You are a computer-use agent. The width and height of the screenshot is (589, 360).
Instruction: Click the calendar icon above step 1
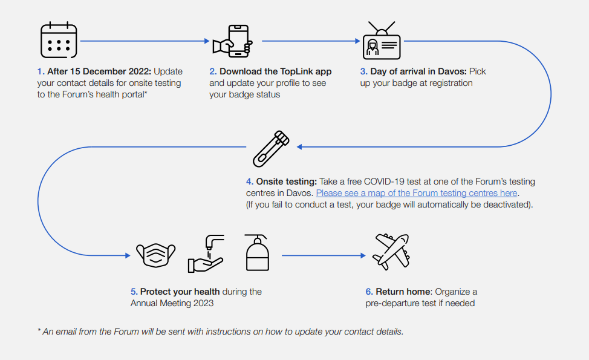(x=59, y=40)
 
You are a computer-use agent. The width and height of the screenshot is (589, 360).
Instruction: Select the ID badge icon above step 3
(x=382, y=41)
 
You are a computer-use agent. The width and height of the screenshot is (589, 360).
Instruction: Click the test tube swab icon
(x=271, y=149)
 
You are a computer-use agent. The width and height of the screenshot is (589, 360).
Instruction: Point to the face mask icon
(x=156, y=255)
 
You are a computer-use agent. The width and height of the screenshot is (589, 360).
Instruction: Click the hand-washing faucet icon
(x=206, y=254)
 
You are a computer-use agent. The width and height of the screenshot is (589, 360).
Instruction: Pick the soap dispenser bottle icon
(x=257, y=252)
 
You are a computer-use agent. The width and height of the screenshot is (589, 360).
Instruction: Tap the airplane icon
(x=391, y=252)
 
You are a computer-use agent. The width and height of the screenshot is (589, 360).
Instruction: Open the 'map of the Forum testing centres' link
(x=417, y=193)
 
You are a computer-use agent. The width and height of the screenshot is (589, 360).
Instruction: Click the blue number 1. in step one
(x=41, y=71)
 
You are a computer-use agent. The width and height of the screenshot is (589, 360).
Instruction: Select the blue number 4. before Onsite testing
(x=250, y=182)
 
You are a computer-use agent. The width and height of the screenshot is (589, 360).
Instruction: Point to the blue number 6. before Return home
(x=369, y=292)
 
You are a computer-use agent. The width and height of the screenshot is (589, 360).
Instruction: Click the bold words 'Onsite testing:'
(x=287, y=182)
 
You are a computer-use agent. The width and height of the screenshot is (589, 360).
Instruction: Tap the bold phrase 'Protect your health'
(x=180, y=292)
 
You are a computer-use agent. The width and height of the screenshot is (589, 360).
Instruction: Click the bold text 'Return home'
(x=403, y=292)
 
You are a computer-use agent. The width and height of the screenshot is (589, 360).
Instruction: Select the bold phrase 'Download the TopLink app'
(x=276, y=71)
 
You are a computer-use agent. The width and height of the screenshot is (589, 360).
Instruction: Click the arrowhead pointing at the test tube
(x=299, y=147)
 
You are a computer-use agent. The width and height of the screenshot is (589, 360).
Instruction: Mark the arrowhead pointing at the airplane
(x=363, y=255)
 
